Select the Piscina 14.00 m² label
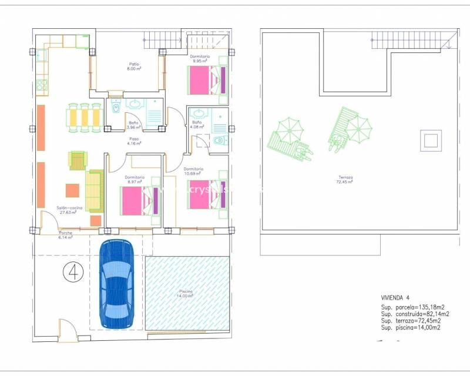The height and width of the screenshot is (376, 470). click(x=186, y=294)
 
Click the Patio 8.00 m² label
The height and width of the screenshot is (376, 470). click(x=135, y=66)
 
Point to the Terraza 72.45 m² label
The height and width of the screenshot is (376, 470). click(x=345, y=179)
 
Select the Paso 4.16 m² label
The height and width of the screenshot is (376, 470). click(x=134, y=141)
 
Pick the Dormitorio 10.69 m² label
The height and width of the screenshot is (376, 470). click(x=193, y=172)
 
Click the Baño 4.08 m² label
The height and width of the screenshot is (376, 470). click(x=197, y=124)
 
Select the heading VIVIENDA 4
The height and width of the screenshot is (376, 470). click(x=398, y=297)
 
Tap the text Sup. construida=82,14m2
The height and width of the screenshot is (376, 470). click(x=412, y=314)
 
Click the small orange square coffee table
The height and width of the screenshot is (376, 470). click(x=72, y=191)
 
